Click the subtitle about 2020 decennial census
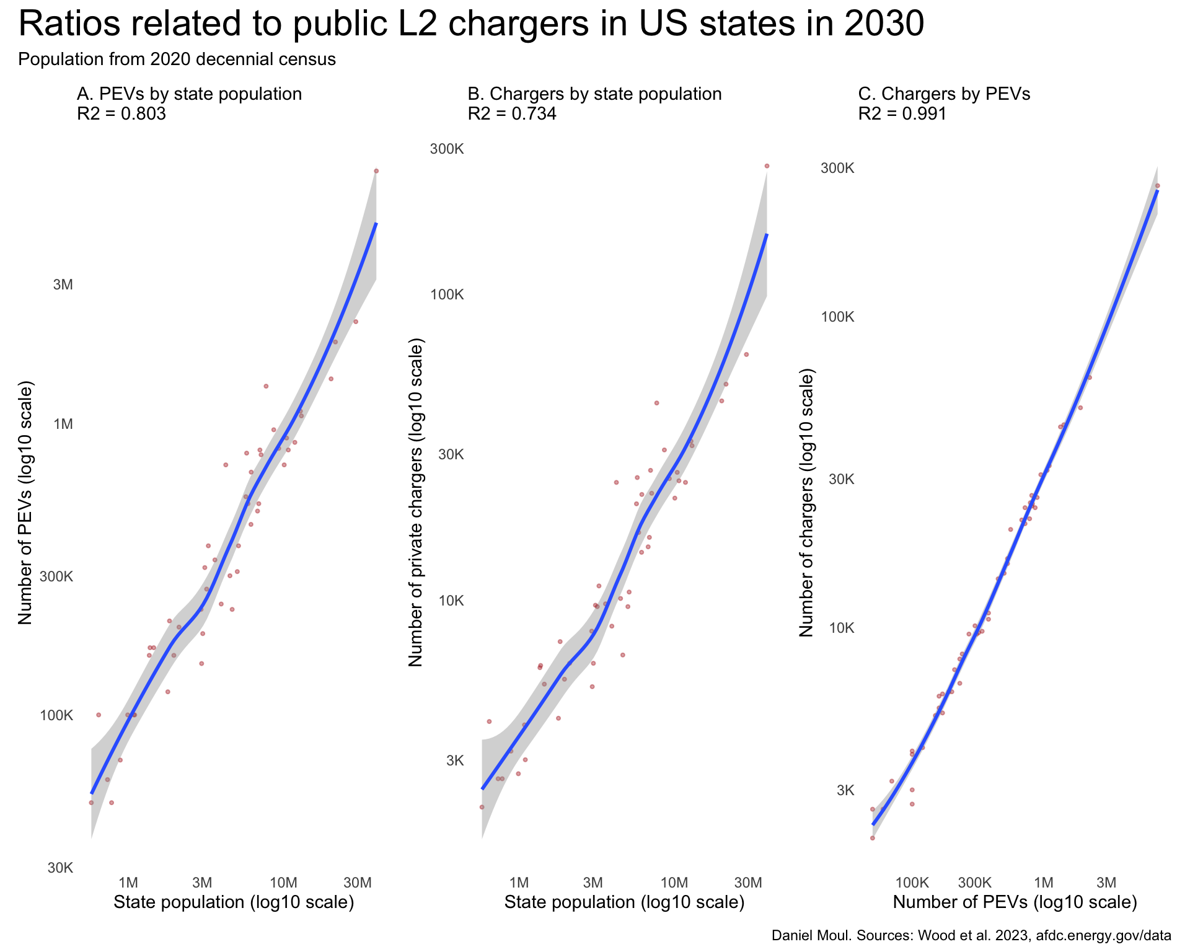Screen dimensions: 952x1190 (177, 60)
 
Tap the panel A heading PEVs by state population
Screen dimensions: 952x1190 (189, 94)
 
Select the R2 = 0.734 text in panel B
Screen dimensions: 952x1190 (512, 114)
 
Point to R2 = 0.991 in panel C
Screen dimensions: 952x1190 (902, 114)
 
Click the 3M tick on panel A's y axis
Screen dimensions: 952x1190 (63, 285)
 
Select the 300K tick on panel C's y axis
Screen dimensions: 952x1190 (838, 169)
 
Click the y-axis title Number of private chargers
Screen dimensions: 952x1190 (415, 503)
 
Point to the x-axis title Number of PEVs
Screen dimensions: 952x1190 (1015, 902)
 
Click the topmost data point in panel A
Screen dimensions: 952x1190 (376, 171)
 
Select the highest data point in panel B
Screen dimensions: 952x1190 (767, 166)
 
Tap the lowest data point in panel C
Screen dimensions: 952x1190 (872, 838)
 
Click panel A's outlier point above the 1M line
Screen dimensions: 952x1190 (266, 386)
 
